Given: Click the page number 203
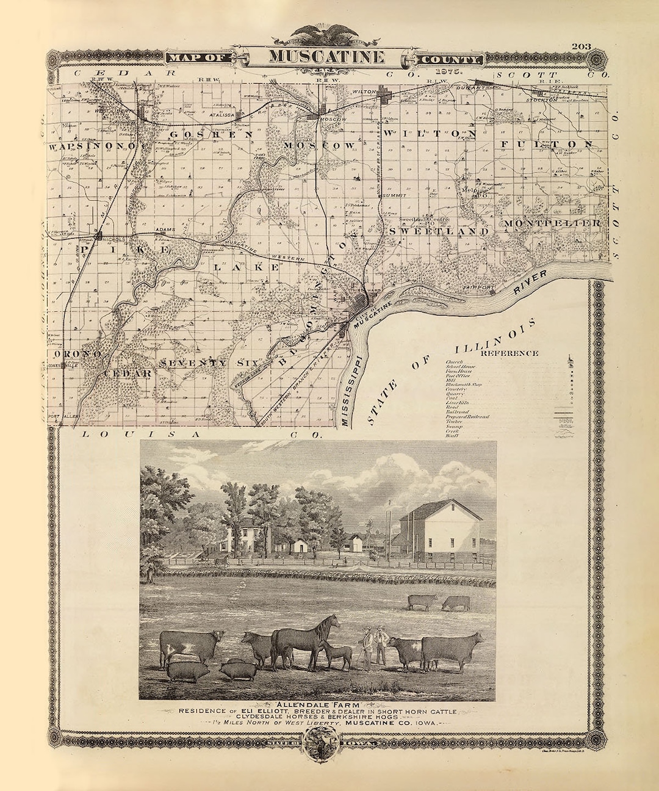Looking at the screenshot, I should [582, 47].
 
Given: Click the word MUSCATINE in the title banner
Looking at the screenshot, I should [327, 57].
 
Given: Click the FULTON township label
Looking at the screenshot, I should [546, 144].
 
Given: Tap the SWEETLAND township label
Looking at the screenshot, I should [439, 232].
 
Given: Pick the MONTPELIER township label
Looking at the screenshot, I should [552, 223].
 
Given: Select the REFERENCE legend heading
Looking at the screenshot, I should [510, 353].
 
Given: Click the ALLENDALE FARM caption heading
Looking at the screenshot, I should [318, 704].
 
